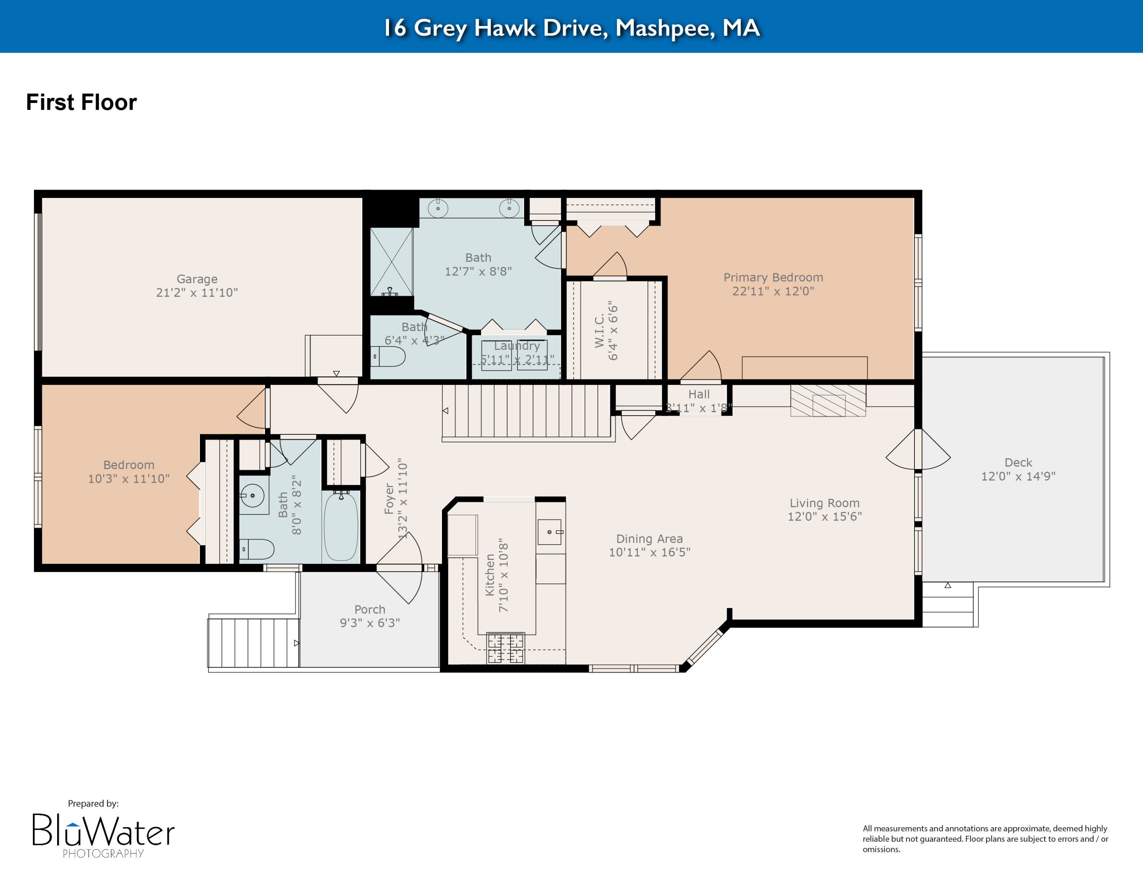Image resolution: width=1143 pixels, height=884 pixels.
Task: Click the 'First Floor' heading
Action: (81, 102)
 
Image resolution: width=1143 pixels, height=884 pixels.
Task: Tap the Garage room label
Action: (197, 279)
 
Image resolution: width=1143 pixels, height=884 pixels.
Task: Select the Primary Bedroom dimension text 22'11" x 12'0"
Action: (773, 291)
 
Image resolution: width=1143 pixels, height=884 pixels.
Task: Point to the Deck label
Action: (1018, 463)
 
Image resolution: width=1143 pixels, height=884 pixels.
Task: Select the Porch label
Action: (370, 609)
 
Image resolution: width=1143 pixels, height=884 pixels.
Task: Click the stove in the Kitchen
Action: (506, 648)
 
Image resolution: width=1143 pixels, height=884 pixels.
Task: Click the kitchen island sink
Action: (549, 532)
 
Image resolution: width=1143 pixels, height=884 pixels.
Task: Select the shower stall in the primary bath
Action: (391, 262)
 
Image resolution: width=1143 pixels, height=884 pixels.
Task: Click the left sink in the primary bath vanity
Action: (438, 209)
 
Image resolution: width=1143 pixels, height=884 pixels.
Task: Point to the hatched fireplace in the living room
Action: (828, 401)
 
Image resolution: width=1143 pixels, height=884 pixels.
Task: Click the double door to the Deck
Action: (918, 449)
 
